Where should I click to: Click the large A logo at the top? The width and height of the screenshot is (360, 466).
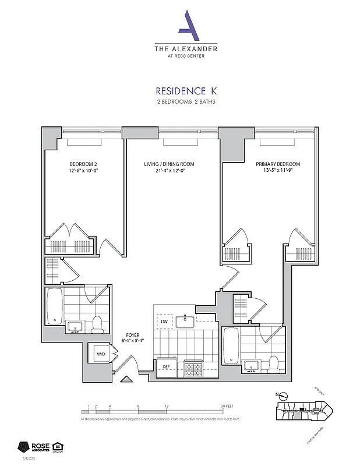click(185, 25)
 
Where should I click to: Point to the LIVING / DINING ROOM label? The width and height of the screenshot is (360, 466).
click(169, 164)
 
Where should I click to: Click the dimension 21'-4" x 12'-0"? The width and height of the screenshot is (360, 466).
click(169, 172)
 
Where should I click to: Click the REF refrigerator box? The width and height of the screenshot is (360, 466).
click(165, 368)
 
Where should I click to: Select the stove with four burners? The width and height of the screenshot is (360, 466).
click(193, 368)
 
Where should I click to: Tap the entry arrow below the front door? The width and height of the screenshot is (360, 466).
click(126, 380)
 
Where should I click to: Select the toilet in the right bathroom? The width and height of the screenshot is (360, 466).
click(274, 363)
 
